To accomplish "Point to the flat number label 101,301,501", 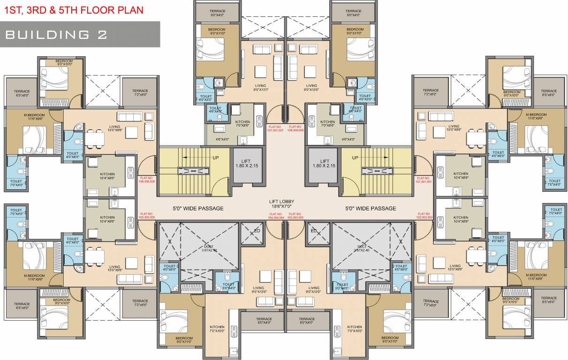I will click(x=423, y=180).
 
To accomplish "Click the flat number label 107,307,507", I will click(x=276, y=128).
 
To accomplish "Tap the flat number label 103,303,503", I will click(x=295, y=216).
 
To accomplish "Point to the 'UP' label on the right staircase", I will click(x=355, y=157).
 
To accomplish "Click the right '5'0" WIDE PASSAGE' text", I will click(x=371, y=208).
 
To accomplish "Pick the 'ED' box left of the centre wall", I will click(x=257, y=230).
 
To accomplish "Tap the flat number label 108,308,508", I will click(x=295, y=128).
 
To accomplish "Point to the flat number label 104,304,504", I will click(x=276, y=216).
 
